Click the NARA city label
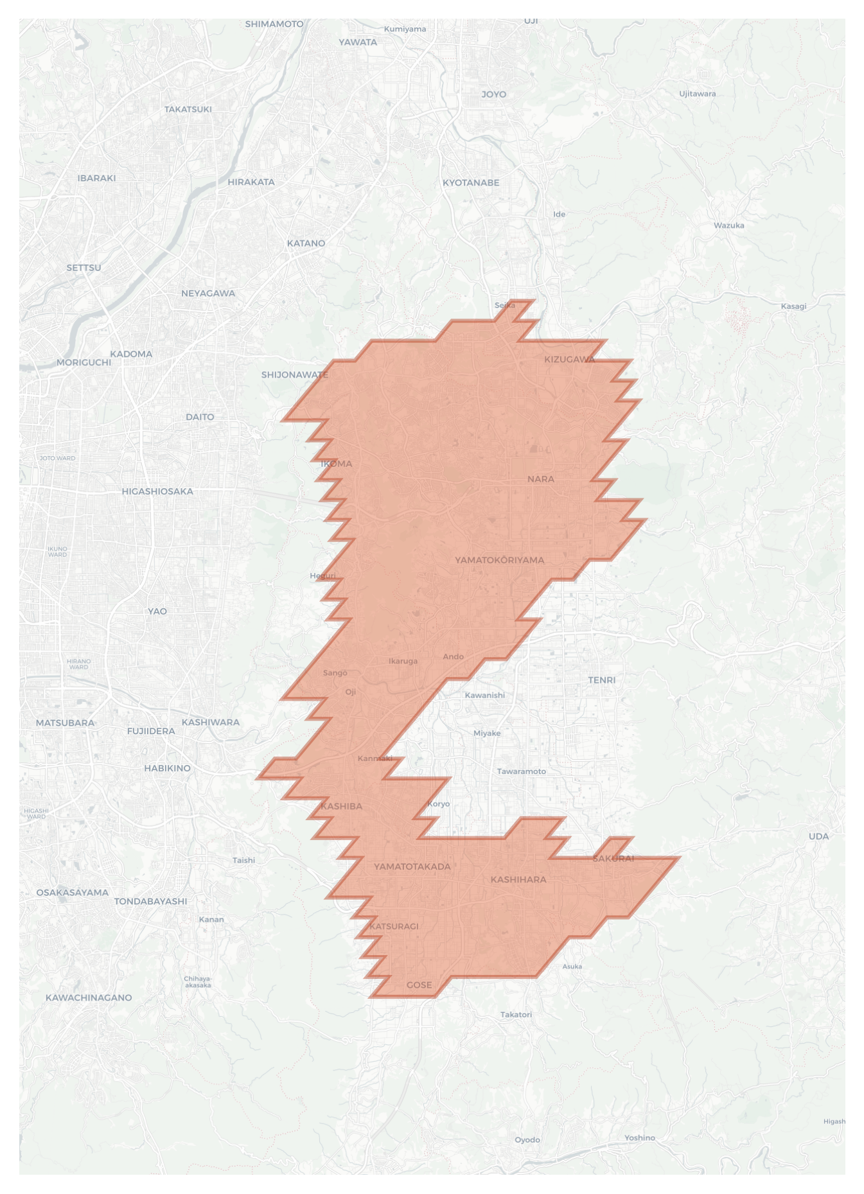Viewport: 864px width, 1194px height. click(x=540, y=479)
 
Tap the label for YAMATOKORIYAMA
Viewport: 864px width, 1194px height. click(x=499, y=560)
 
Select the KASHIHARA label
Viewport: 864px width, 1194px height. click(x=518, y=879)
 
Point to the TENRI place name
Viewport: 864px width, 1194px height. click(x=601, y=680)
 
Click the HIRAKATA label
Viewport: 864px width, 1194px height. click(x=251, y=182)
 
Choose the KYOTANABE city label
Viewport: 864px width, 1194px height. click(x=470, y=182)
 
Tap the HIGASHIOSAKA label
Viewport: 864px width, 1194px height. click(x=157, y=491)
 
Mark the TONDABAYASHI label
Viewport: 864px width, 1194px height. click(x=150, y=901)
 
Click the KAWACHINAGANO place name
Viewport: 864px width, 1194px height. click(x=89, y=997)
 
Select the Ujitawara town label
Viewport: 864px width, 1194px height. click(x=697, y=94)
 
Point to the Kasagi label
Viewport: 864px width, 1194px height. click(x=793, y=306)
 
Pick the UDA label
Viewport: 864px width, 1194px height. click(x=818, y=836)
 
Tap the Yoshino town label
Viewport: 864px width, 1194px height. click(x=639, y=1137)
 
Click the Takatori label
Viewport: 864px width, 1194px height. click(x=516, y=1015)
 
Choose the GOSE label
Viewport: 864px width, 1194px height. click(x=419, y=985)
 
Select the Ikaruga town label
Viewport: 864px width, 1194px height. click(x=403, y=661)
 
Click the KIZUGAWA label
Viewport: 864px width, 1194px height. click(x=569, y=359)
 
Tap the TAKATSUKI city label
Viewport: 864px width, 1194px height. click(x=188, y=109)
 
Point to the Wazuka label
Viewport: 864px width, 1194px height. click(x=728, y=225)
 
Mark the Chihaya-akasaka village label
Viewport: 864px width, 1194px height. click(x=197, y=982)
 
